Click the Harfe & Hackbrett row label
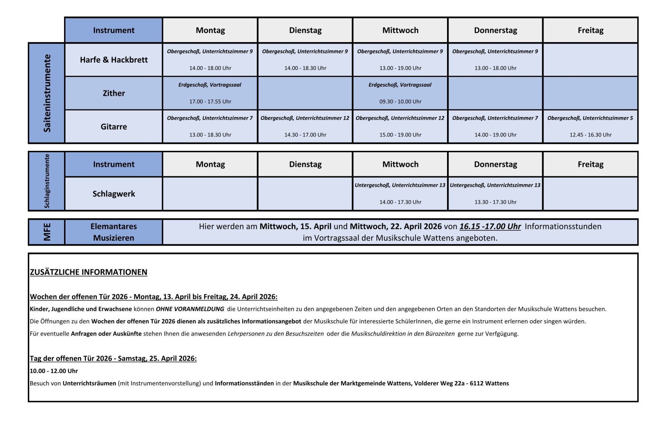pos(114,60)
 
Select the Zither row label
pos(114,93)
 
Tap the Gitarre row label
pos(114,127)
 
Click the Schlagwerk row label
pos(114,194)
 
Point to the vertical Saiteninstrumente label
pos(47,93)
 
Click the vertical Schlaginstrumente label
pos(47,181)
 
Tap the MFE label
pos(47,232)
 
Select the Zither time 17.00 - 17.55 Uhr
pos(210,102)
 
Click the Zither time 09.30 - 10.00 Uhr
pos(400,102)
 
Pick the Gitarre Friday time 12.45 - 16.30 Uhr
pos(591,135)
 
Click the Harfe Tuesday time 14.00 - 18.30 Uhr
pos(305,68)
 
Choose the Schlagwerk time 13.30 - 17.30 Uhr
pos(495,202)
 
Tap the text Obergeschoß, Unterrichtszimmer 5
pos(590,118)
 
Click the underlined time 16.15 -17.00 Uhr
pos(490,226)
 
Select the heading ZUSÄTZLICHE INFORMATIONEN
pos(89,272)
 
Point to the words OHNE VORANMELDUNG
pos(190,309)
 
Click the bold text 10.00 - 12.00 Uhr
pos(54,371)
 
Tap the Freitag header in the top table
pos(591,30)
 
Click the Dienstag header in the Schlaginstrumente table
pos(305,164)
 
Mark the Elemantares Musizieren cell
pos(114,232)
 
